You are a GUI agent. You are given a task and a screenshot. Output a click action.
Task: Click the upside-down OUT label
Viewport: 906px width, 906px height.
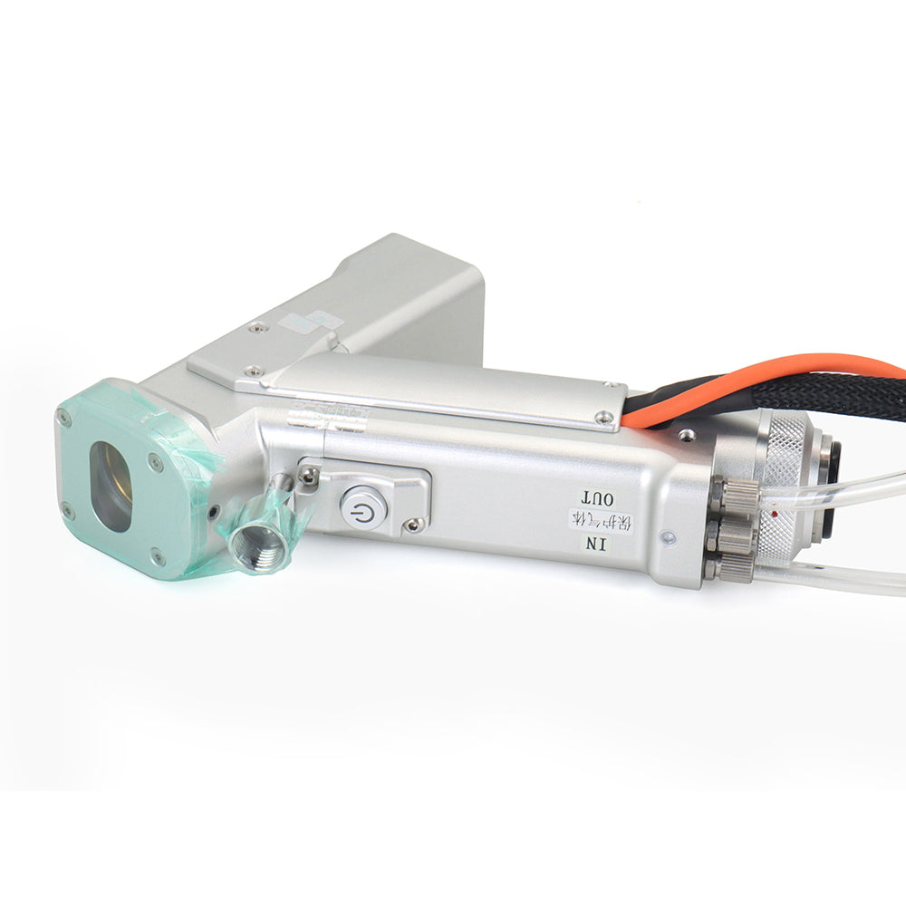click(598, 497)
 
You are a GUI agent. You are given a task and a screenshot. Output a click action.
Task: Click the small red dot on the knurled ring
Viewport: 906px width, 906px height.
click(776, 514)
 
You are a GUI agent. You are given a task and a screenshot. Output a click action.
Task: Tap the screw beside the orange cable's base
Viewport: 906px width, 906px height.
click(687, 436)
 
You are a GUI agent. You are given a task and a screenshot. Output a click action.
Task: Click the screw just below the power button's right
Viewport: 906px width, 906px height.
click(414, 524)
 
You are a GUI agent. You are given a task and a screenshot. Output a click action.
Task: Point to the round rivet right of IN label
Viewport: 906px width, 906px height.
click(668, 537)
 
